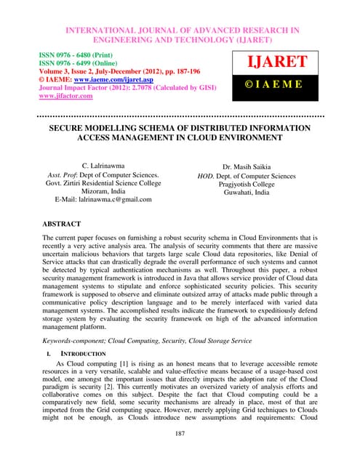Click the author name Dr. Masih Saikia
click(x=247, y=166)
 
